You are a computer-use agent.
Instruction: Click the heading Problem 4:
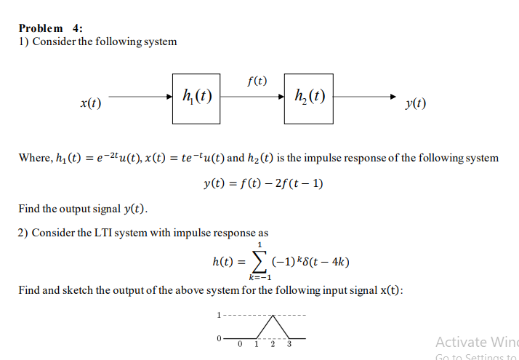click(x=50, y=28)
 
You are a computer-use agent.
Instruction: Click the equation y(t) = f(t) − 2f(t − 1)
click(x=263, y=183)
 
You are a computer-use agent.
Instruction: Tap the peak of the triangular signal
click(x=273, y=316)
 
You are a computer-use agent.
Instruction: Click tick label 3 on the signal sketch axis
click(x=289, y=344)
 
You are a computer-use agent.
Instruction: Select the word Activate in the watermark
click(x=459, y=341)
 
